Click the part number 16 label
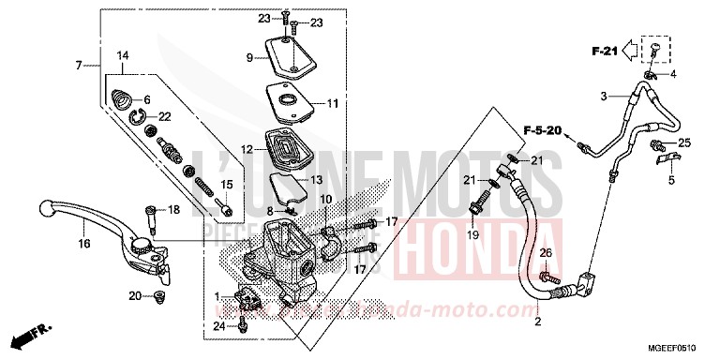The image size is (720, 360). pos(84,245)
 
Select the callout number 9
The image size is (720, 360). pos(249,58)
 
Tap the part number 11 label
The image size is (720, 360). pos(332,104)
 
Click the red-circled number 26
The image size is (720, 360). pos(547,253)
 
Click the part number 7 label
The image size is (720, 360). pos(82,65)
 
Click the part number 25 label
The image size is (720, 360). pos(684,142)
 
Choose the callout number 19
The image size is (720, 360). pos(473,234)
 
